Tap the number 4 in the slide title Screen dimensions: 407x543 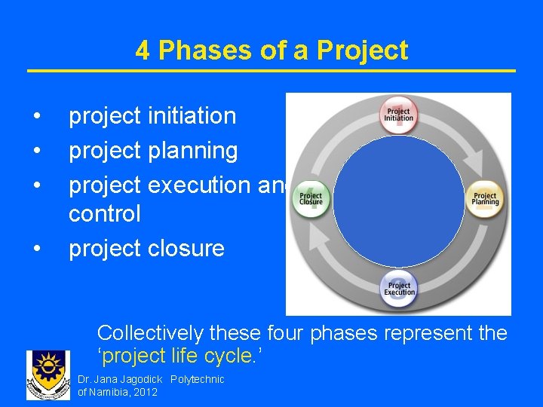[143, 50]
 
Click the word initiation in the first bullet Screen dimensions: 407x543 [192, 116]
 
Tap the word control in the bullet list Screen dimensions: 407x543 [104, 213]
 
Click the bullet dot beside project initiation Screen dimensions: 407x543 [36, 117]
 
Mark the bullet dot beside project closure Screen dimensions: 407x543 [36, 249]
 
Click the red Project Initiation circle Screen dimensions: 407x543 [398, 115]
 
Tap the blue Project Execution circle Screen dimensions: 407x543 [398, 287]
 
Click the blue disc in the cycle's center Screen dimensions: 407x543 [398, 200]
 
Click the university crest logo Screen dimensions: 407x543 [48, 374]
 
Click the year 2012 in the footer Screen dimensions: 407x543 [145, 392]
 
